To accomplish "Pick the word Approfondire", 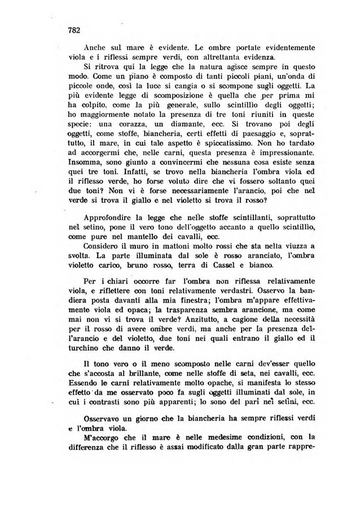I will [109, 218].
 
